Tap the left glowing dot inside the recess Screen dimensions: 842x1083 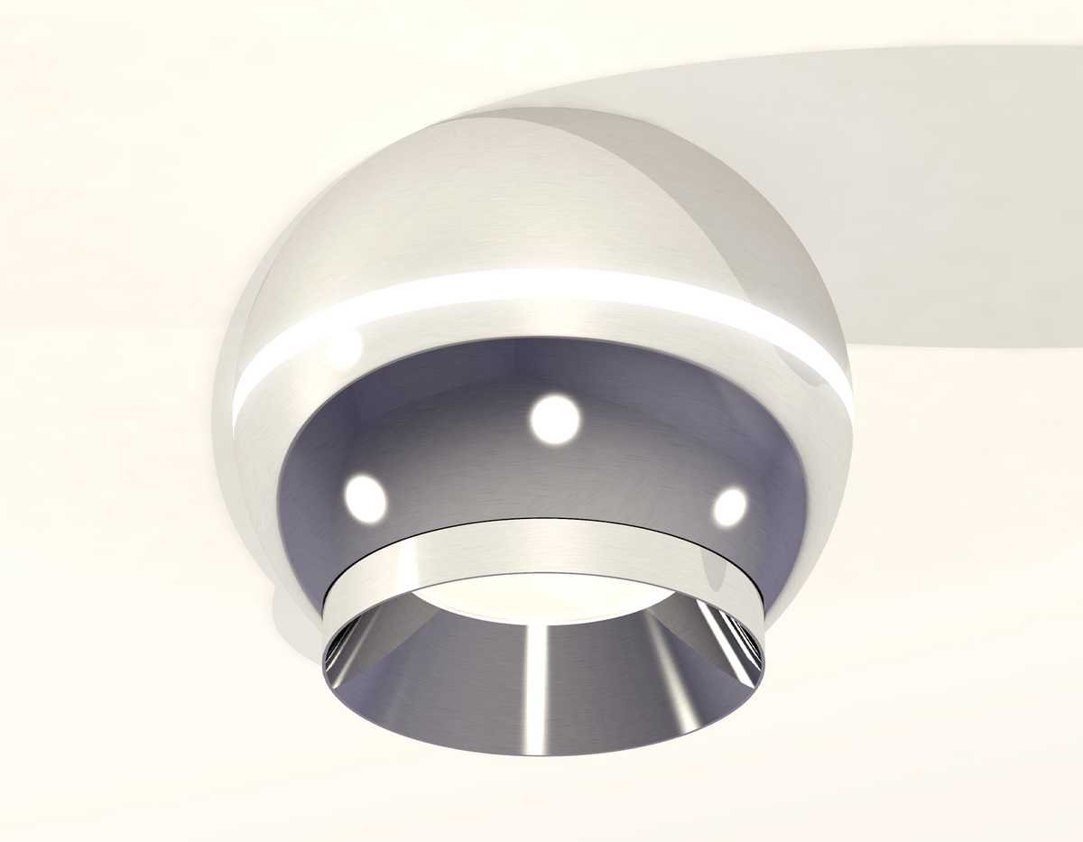pos(365,498)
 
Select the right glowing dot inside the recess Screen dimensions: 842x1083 pos(729,506)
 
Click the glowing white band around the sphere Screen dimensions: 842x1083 pos(541,287)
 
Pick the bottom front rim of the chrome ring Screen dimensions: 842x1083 pos(541,751)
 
